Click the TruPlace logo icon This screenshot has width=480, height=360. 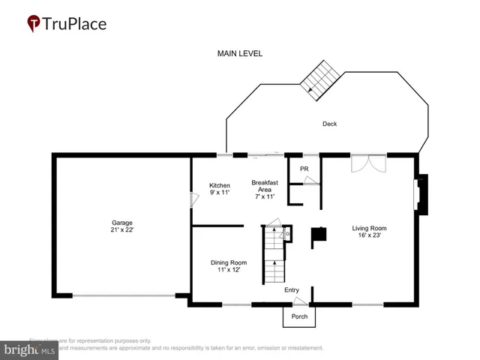tap(34, 24)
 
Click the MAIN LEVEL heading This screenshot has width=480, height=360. tap(239, 54)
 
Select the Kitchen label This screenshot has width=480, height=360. tap(219, 185)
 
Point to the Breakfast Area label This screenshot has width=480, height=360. tap(265, 189)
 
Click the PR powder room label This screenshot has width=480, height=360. tap(304, 169)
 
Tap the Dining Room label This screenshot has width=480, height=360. tap(228, 262)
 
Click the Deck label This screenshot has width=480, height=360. tap(329, 124)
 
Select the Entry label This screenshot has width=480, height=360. tap(292, 289)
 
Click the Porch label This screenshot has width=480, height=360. tap(299, 316)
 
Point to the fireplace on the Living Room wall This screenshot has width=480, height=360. tap(421, 190)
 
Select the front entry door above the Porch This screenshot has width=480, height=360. tap(300, 301)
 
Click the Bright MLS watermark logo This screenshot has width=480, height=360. tap(30, 349)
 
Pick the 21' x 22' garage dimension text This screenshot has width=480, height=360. tap(122, 229)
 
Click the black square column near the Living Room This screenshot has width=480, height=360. tap(319, 234)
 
